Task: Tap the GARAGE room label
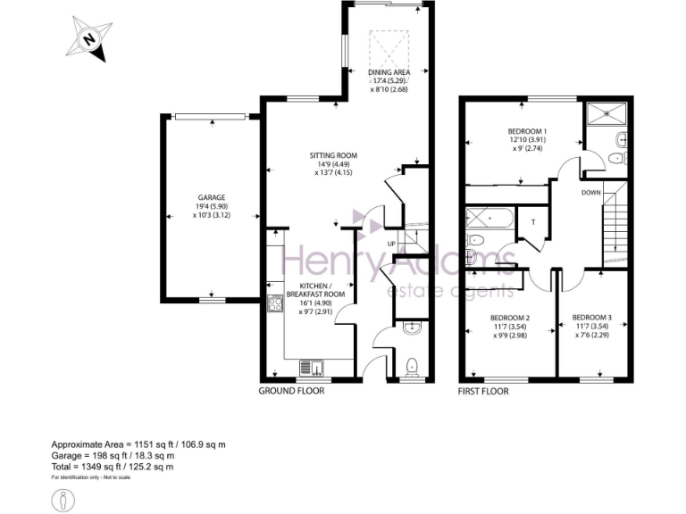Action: click(x=211, y=198)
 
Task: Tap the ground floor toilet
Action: click(x=411, y=366)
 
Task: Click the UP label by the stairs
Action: click(x=391, y=244)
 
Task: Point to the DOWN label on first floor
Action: click(x=590, y=192)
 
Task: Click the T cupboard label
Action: click(x=532, y=221)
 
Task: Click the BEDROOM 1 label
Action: click(x=527, y=132)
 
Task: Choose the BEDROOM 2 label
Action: click(x=510, y=318)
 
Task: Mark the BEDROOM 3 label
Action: click(x=591, y=318)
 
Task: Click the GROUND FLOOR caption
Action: click(x=291, y=391)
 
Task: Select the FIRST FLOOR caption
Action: click(x=483, y=391)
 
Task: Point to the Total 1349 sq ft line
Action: click(x=112, y=467)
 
